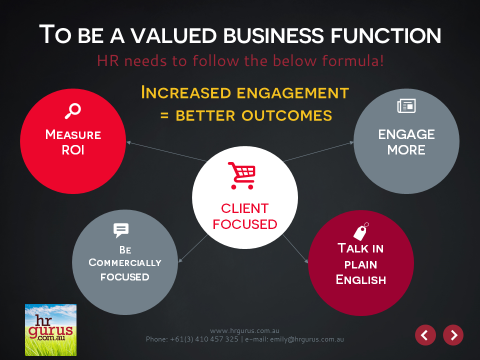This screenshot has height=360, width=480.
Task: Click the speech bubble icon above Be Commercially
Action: [x=121, y=230]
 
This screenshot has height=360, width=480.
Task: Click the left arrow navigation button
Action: [x=425, y=334]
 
